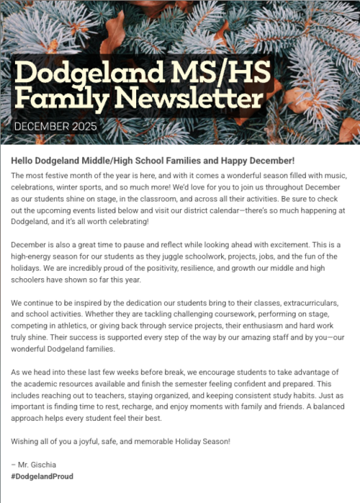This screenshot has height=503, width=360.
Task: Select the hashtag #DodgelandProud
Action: point(42,477)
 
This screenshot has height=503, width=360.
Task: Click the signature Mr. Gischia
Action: point(37,465)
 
